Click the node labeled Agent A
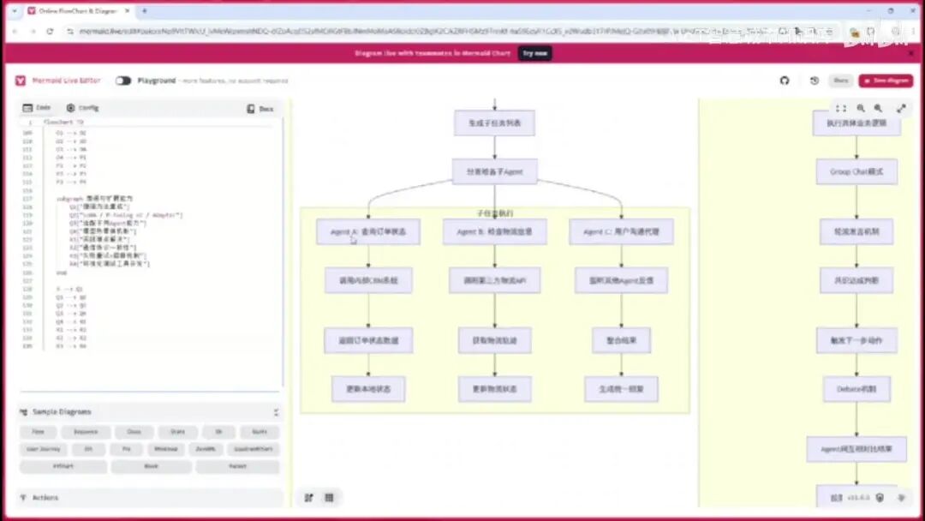click(x=368, y=231)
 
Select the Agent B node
click(x=495, y=231)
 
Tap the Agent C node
click(x=621, y=231)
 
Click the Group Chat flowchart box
click(x=856, y=171)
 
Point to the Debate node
click(x=856, y=388)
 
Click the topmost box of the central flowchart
click(x=494, y=123)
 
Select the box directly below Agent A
click(x=368, y=280)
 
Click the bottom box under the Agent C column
click(x=621, y=389)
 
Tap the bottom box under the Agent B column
click(x=495, y=389)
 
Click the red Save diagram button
click(x=886, y=81)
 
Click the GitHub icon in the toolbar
click(x=785, y=81)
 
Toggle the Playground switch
click(x=123, y=81)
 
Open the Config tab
click(x=83, y=108)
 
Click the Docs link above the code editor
click(x=261, y=109)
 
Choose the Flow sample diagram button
click(x=39, y=432)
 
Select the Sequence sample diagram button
click(x=86, y=432)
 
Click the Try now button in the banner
click(x=535, y=53)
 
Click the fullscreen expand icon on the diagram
click(x=901, y=109)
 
